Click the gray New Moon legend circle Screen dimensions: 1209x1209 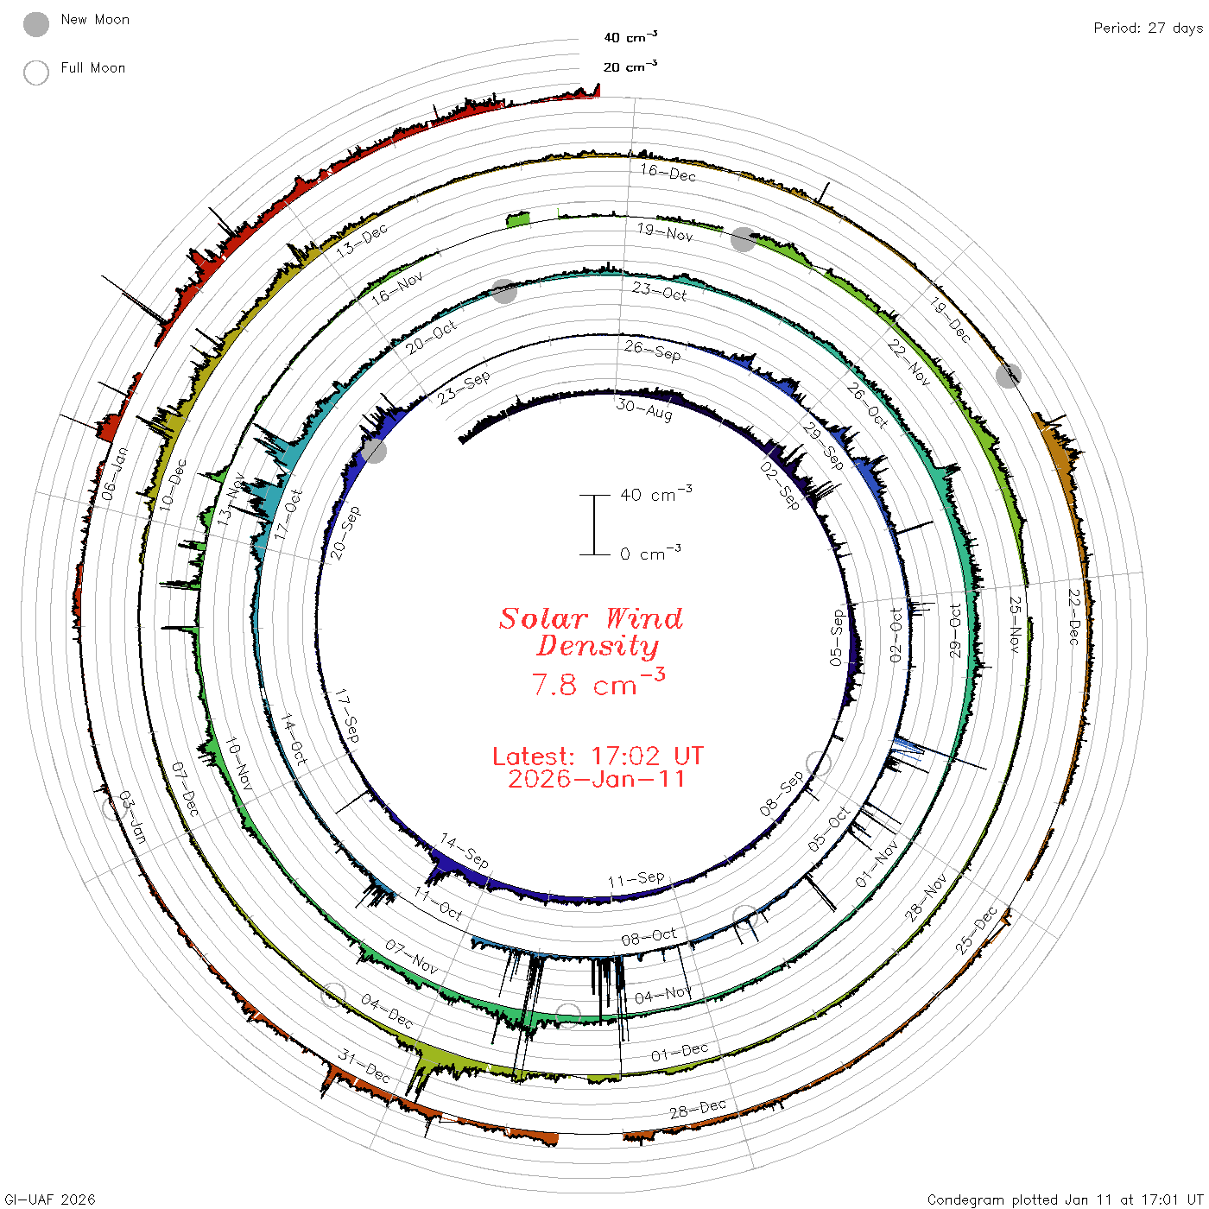pos(35,24)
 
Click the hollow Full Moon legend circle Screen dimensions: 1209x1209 pos(35,73)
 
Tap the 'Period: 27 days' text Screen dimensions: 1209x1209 pos(1148,28)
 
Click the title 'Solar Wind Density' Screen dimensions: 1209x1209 pos(591,632)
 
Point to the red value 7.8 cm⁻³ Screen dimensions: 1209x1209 pos(598,682)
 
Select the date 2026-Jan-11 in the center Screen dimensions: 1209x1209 pos(596,779)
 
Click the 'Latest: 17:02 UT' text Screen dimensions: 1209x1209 pos(598,756)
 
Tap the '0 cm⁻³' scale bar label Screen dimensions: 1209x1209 pos(650,553)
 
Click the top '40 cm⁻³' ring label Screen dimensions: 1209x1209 pos(630,37)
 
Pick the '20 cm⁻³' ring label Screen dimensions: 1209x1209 pos(630,66)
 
